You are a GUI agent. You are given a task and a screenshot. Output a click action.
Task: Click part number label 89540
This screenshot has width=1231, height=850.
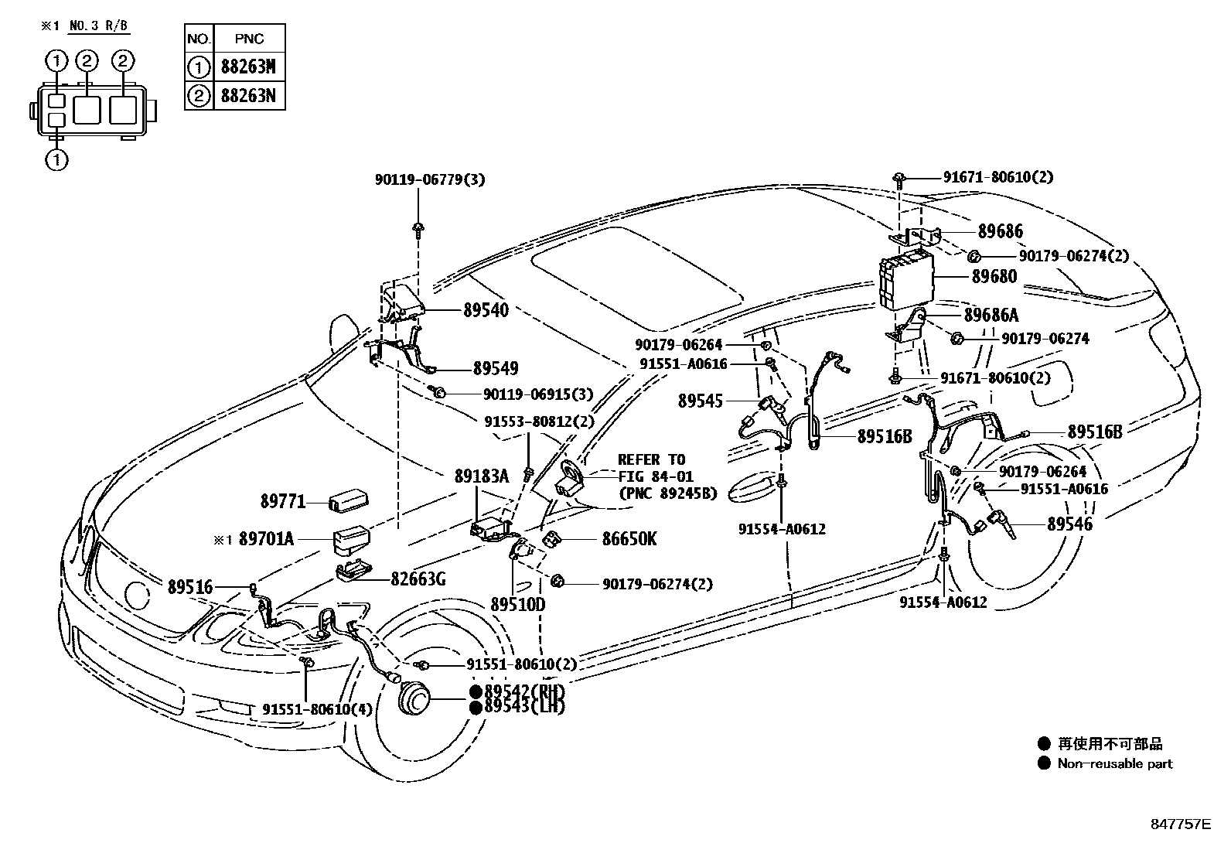[486, 310]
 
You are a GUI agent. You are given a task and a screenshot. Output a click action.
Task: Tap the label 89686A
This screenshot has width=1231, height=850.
[991, 315]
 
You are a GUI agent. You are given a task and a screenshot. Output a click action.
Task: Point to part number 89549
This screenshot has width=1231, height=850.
[496, 369]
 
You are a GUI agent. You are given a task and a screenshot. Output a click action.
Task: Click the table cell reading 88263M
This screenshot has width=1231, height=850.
[248, 67]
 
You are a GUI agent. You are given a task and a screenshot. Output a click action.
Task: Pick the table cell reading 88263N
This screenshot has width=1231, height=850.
[248, 96]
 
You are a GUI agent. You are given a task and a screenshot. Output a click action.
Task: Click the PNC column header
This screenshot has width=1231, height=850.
[248, 39]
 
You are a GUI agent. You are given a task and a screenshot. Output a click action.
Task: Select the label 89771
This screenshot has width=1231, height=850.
[283, 503]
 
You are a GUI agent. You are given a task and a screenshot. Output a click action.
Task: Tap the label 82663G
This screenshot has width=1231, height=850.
[418, 579]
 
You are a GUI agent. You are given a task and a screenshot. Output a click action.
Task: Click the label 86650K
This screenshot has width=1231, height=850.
[629, 539]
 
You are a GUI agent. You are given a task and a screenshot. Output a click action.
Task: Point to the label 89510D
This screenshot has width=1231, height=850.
[517, 604]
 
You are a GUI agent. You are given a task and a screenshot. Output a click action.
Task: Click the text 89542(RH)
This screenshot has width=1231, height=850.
[523, 691]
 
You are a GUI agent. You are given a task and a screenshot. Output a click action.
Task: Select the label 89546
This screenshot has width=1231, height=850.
[1069, 524]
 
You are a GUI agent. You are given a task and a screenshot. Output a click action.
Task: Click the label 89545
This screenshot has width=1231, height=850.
[701, 401]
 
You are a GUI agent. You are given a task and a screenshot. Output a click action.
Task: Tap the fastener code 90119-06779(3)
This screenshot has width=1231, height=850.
[430, 179]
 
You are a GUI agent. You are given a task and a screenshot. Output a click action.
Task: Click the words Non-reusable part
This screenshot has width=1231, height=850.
[1115, 763]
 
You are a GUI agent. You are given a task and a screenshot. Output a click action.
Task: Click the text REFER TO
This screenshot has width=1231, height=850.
[651, 459]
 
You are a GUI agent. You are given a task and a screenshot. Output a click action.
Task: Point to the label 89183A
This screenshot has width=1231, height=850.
[481, 476]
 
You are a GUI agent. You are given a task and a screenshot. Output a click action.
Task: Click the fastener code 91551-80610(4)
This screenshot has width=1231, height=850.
[305, 708]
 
